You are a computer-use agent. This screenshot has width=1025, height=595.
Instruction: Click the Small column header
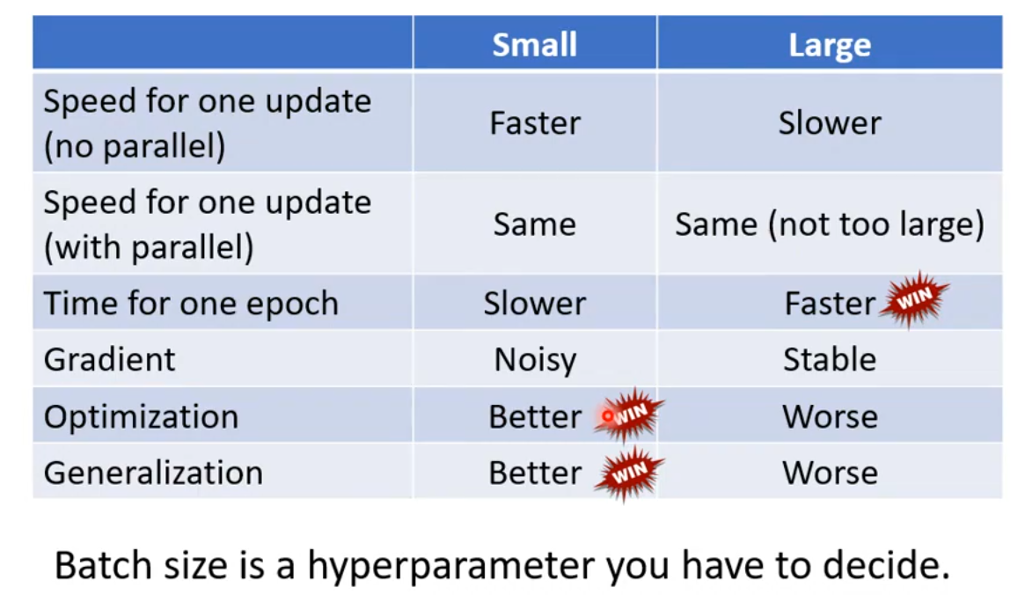(x=534, y=45)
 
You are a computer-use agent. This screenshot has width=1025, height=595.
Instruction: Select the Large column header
(x=830, y=45)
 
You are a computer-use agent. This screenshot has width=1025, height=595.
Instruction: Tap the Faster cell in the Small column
(x=535, y=123)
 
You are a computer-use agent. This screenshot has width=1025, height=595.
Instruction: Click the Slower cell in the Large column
(x=830, y=123)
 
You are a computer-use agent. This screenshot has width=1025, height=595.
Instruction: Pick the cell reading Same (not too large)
(x=830, y=224)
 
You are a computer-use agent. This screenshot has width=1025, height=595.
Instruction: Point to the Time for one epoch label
(x=191, y=304)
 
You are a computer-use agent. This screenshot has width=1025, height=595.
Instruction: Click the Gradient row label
(x=109, y=359)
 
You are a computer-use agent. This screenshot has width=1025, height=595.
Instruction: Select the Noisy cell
(x=535, y=360)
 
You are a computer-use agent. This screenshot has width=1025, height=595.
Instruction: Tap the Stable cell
(x=830, y=359)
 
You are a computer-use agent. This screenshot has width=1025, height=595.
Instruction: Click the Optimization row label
(x=141, y=416)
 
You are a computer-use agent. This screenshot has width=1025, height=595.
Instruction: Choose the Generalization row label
(x=153, y=472)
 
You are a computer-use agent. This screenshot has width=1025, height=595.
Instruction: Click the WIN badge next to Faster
(x=914, y=299)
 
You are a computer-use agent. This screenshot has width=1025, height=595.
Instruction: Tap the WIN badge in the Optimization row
(x=629, y=415)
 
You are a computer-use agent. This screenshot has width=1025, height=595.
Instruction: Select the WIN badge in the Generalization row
(x=629, y=473)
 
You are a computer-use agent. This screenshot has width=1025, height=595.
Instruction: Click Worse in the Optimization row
(x=830, y=416)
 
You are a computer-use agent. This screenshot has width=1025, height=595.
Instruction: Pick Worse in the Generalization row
(x=830, y=472)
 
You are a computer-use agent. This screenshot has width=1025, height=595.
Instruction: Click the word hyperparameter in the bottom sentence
(x=451, y=566)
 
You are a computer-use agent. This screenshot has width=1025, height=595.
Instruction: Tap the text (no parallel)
(x=134, y=146)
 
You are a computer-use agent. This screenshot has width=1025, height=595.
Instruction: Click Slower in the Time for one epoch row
(x=535, y=304)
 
